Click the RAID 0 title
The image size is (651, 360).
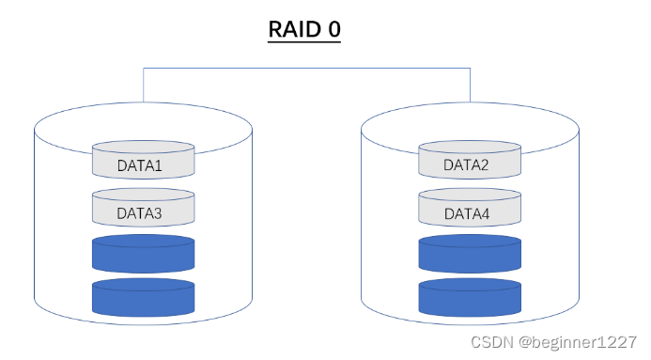303,29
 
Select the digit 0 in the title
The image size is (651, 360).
333,29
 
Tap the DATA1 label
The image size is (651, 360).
140,165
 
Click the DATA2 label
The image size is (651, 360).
467,165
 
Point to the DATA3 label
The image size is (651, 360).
140,213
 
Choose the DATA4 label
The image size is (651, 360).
467,213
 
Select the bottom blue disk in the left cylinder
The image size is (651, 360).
143,297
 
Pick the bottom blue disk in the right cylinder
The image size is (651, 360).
470,297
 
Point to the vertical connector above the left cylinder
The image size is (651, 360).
143,85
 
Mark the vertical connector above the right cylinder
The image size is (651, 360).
470,85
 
